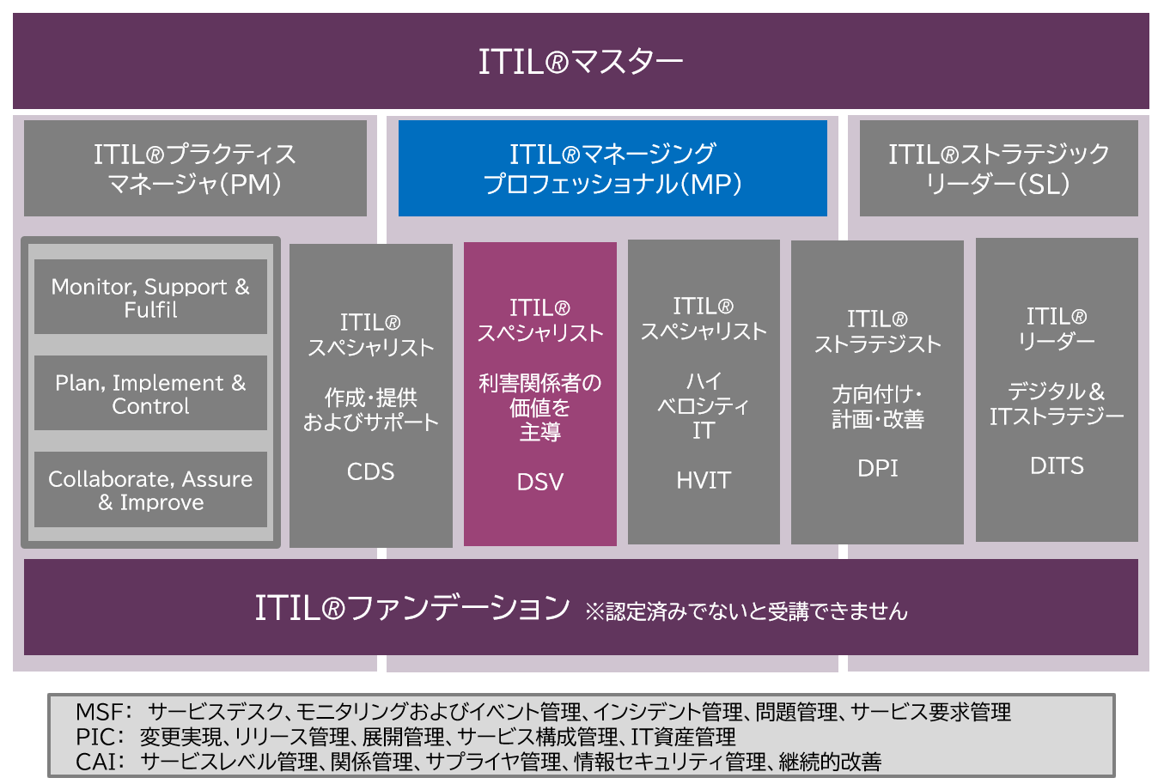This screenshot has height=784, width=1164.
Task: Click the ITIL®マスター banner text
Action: click(581, 62)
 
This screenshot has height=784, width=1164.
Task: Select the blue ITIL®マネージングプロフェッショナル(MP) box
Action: click(612, 168)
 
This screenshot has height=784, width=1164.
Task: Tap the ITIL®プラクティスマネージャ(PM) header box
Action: click(195, 168)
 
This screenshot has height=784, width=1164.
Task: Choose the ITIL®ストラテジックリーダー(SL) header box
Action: click(998, 168)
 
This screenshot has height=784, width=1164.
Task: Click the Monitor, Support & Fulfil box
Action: click(150, 298)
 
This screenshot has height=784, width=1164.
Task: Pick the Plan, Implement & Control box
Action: click(150, 394)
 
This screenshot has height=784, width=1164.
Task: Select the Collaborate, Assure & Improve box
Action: click(150, 490)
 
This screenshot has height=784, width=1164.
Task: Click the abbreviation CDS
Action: click(370, 471)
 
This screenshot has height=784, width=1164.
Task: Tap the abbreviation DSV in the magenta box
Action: click(540, 482)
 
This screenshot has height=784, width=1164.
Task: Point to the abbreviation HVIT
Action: click(704, 480)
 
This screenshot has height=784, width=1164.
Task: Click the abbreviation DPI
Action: click(877, 468)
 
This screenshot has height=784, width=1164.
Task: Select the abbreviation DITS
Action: click(1057, 465)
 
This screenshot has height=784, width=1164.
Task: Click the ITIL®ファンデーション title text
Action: click(412, 608)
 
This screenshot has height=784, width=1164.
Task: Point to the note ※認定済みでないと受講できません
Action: click(746, 611)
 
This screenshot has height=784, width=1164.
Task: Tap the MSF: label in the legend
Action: click(103, 712)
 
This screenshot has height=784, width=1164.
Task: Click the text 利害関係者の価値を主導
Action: click(540, 407)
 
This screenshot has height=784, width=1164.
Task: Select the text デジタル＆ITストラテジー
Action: click(1057, 404)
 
